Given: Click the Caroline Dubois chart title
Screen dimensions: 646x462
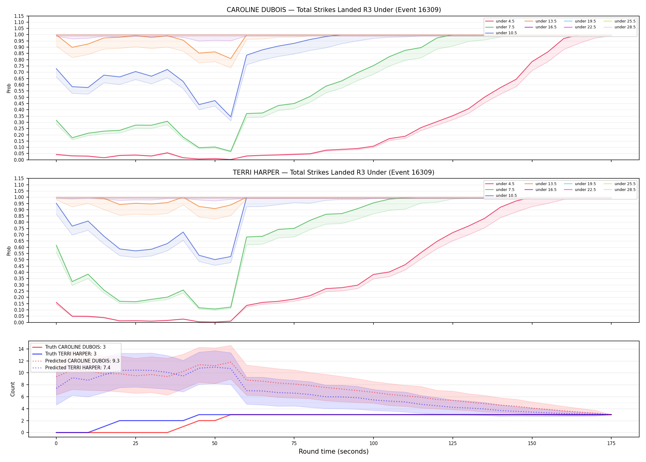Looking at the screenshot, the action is point(334,10).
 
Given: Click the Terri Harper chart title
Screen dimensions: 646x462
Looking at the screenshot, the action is point(333,172).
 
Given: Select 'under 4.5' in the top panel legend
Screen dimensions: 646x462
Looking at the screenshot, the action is point(505,21).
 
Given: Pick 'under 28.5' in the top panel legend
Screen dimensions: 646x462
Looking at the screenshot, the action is point(625,27).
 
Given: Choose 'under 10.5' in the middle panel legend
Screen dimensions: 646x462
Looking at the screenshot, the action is point(506,196).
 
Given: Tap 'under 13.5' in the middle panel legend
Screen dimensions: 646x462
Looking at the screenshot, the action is point(546,184).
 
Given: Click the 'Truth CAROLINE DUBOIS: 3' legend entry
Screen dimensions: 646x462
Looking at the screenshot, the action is point(75,347).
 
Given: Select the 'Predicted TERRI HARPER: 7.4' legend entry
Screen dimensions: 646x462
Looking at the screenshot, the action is point(78,367).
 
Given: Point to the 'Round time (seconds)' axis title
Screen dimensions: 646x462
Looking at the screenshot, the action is point(333,452).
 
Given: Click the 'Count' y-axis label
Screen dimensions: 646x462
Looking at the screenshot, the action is point(13,389).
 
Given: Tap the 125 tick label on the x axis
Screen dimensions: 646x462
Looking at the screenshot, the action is point(453,444).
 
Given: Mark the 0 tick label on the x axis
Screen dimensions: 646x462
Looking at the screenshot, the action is point(56,444).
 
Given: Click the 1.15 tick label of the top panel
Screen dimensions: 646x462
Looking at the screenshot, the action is point(19,16).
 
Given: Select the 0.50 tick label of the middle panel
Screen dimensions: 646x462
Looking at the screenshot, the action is point(19,260).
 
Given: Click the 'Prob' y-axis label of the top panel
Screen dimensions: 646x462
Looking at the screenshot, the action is point(9,88).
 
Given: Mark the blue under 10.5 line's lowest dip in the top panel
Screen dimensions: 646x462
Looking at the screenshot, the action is point(231,117).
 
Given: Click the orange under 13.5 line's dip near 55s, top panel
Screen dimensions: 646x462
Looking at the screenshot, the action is point(231,59).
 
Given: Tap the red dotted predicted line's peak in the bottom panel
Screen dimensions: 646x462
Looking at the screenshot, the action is point(231,362).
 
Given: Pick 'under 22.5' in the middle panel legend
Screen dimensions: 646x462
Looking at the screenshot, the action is point(585,190).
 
